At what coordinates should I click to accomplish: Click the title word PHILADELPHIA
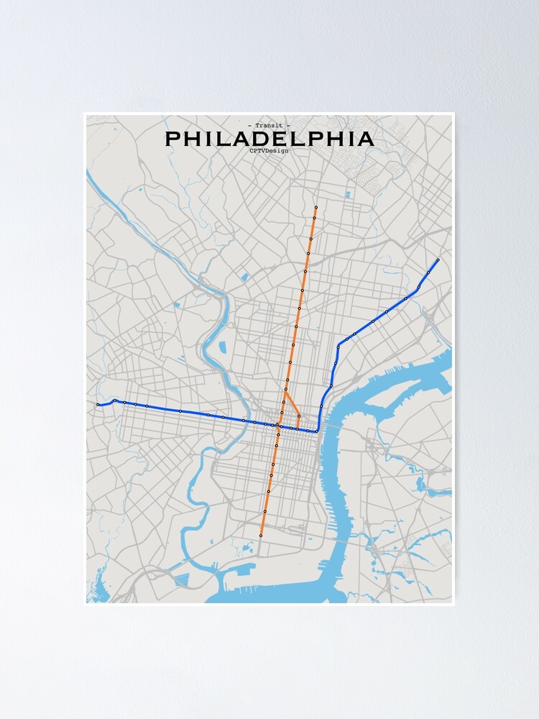pos(269,139)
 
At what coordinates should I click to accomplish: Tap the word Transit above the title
pos(269,126)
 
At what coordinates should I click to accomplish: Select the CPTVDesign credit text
pos(269,150)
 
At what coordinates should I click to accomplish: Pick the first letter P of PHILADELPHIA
pos(173,139)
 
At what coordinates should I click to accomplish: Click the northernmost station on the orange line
pos(315,208)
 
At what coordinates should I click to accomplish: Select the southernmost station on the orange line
pos(261,536)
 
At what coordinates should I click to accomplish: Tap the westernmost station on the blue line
pos(98,405)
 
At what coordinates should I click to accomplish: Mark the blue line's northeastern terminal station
pos(438,260)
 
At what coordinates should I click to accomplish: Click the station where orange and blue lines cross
pos(277,426)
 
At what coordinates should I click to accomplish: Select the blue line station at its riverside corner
pos(316,431)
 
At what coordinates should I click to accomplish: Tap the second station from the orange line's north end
pos(314,218)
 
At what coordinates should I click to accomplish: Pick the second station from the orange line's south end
pos(264,511)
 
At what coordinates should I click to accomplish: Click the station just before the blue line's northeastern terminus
pos(428,273)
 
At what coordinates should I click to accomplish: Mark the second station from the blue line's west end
pos(114,400)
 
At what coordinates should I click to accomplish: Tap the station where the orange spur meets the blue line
pos(298,429)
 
